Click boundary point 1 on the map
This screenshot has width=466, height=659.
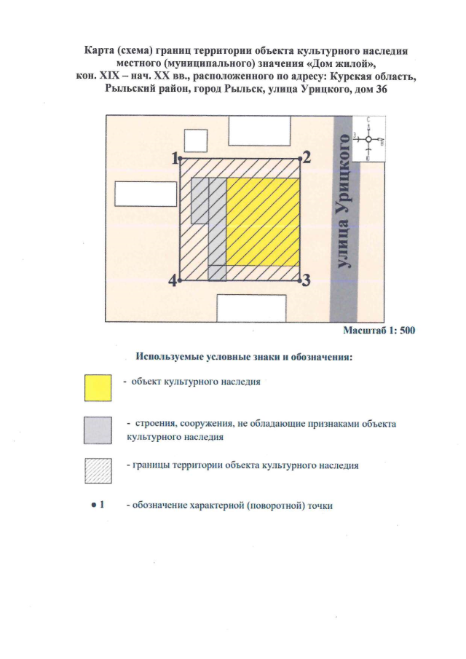(181, 159)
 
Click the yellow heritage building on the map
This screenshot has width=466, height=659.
(263, 221)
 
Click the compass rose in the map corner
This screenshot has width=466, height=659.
(369, 138)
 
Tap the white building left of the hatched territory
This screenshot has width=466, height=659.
(146, 194)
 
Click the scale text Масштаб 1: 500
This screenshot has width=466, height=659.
(379, 331)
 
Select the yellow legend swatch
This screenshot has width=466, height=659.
(98, 387)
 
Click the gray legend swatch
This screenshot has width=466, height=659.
(98, 430)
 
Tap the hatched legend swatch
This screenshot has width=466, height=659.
(98, 471)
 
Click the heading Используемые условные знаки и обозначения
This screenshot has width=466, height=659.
(244, 358)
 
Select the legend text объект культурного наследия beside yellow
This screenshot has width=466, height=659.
(195, 381)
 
